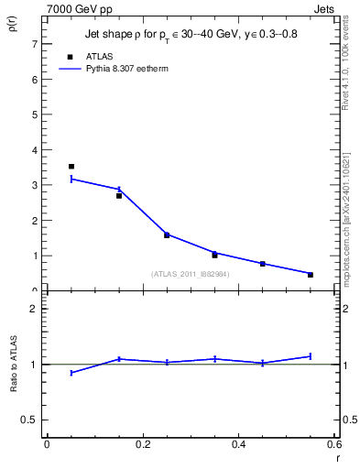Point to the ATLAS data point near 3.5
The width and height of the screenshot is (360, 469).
click(71, 167)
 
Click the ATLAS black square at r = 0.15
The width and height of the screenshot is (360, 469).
click(119, 195)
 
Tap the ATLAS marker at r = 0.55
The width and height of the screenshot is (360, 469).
click(311, 275)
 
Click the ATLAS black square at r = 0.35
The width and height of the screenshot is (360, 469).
click(214, 255)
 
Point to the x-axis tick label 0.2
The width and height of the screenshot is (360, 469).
click(142, 444)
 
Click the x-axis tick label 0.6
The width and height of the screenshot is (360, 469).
click(333, 444)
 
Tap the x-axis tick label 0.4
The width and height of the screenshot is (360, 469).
click(238, 444)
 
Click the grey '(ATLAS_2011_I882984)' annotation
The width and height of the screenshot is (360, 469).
click(191, 274)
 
